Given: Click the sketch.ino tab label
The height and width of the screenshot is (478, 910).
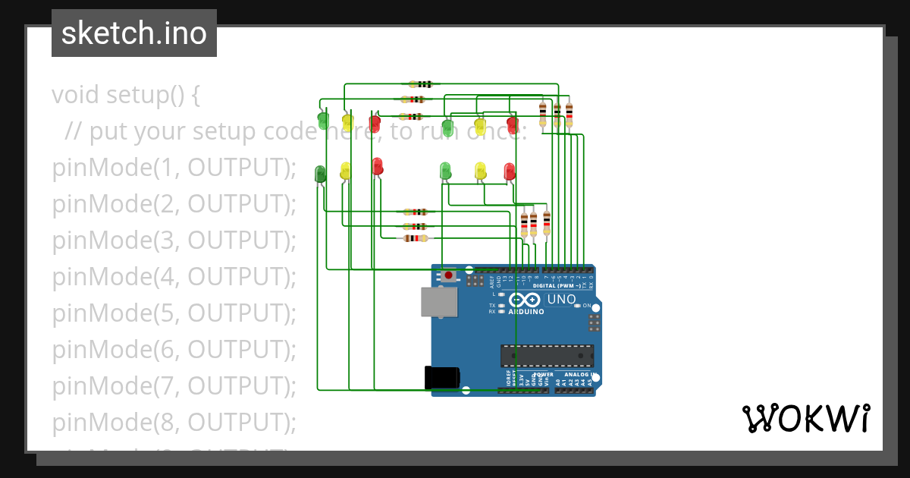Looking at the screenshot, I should click(x=133, y=33).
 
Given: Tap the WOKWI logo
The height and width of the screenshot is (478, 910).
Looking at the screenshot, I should click(x=805, y=418).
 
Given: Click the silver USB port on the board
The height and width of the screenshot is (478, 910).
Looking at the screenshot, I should click(x=441, y=302).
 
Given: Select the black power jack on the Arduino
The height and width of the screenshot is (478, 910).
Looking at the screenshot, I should click(x=442, y=377).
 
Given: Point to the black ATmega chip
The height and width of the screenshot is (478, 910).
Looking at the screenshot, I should click(x=547, y=355).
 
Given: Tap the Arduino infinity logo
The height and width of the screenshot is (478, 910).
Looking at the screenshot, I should click(x=523, y=300).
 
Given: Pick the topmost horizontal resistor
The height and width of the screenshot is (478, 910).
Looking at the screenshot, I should click(x=421, y=84).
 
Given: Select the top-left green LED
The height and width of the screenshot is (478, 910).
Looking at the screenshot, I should click(x=323, y=119).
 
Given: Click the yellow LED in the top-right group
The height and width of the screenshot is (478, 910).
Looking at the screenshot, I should click(x=479, y=124).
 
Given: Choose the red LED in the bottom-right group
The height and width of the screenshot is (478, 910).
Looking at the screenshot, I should click(x=510, y=171).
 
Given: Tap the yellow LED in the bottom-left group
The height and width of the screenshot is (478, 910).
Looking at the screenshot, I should click(x=346, y=171).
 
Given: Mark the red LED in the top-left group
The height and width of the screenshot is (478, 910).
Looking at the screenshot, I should click(x=375, y=122).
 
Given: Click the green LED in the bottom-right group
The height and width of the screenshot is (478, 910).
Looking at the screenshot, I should click(x=445, y=171).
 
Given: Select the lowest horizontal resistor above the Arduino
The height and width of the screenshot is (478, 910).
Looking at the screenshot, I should click(x=414, y=238).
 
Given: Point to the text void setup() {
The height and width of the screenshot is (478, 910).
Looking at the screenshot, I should click(x=126, y=95).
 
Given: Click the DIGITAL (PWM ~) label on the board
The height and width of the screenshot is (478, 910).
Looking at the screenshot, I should click(x=557, y=285).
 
